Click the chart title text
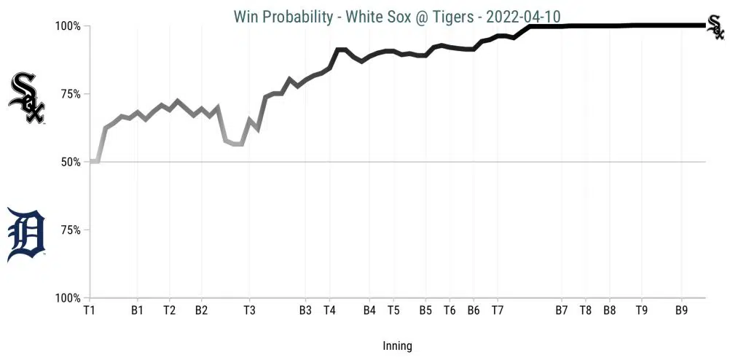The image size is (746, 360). [x=397, y=16]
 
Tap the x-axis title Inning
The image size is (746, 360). [x=397, y=346]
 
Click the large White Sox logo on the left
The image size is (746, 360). [x=27, y=98]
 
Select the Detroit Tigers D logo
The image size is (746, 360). [x=26, y=235]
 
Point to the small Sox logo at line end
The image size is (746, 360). [x=716, y=27]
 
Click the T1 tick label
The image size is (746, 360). [x=90, y=310]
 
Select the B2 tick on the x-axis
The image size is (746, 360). [x=201, y=310]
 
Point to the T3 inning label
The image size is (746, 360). [x=249, y=310]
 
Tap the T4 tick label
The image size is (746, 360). [x=329, y=310]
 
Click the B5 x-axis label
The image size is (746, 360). [x=425, y=310]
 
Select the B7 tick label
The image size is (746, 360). [x=561, y=310]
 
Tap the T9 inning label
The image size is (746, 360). [x=641, y=310]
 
